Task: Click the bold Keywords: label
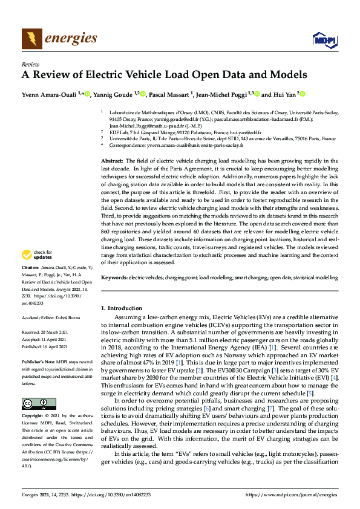coord(114,276)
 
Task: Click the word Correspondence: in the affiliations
coord(127,145)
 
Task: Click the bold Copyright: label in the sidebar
coord(33,400)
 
